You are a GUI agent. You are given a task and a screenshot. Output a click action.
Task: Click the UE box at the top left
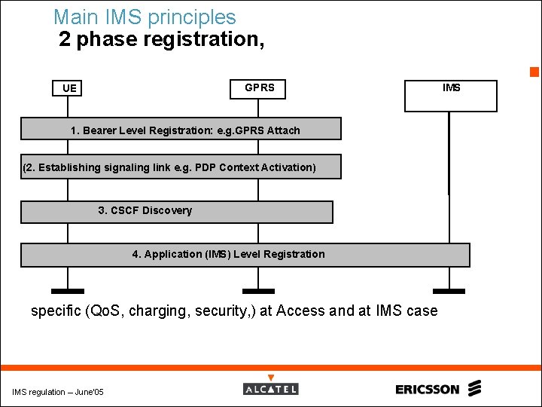click(69, 89)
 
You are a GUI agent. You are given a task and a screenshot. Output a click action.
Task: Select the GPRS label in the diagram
click(260, 88)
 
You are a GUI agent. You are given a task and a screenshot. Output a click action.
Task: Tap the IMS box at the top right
click(452, 95)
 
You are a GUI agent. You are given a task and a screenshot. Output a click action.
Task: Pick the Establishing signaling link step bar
click(181, 167)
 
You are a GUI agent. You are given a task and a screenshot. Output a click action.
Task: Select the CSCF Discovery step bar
click(176, 211)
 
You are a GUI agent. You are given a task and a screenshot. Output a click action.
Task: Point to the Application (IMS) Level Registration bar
click(245, 255)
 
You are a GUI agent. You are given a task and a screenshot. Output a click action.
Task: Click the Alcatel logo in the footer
click(271, 389)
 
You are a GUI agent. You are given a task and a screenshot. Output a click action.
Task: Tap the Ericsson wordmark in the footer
click(427, 390)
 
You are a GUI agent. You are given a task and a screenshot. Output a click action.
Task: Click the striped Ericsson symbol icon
click(473, 389)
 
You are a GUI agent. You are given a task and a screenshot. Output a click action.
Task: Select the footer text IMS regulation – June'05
click(58, 392)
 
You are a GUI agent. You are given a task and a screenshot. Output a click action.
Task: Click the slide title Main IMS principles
click(145, 17)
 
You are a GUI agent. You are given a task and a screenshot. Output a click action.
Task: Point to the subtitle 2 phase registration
click(161, 40)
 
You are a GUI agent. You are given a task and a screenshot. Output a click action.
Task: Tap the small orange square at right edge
click(534, 72)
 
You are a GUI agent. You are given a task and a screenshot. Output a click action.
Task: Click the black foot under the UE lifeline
click(68, 291)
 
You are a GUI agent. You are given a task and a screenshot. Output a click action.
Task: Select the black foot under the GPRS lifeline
click(258, 291)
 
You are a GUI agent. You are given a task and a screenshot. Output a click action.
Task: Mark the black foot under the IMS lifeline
click(449, 291)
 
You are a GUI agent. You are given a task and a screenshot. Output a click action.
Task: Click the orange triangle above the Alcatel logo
click(271, 378)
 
